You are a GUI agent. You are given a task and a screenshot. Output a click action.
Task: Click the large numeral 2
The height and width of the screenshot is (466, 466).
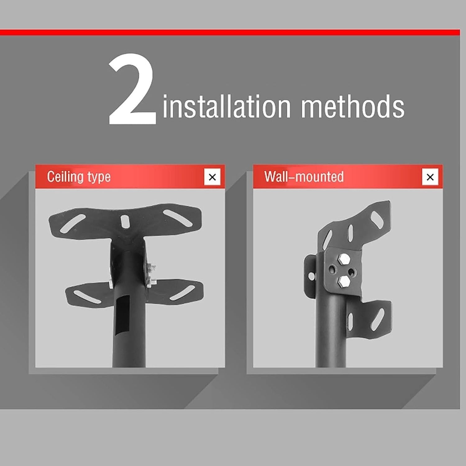coord(132,90)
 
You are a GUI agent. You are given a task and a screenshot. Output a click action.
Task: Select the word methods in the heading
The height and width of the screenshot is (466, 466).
coord(353,106)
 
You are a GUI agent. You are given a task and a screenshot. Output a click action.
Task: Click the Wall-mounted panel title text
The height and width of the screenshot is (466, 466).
coord(304,176)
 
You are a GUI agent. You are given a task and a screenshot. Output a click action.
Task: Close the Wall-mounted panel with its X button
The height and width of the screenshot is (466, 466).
coord(430,177)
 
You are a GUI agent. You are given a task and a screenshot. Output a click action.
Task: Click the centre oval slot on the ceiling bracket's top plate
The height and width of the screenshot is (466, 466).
coord(125,221)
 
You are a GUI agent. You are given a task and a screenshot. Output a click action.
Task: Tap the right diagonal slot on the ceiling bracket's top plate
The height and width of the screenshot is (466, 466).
coord(178,218)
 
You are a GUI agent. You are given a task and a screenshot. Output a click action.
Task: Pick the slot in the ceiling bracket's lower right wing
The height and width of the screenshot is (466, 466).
coord(183,293)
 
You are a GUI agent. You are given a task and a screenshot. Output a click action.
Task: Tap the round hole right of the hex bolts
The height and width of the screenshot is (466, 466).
coord(351,272)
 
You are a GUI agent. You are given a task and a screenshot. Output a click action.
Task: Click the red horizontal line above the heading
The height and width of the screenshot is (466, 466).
coord(230,32)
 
